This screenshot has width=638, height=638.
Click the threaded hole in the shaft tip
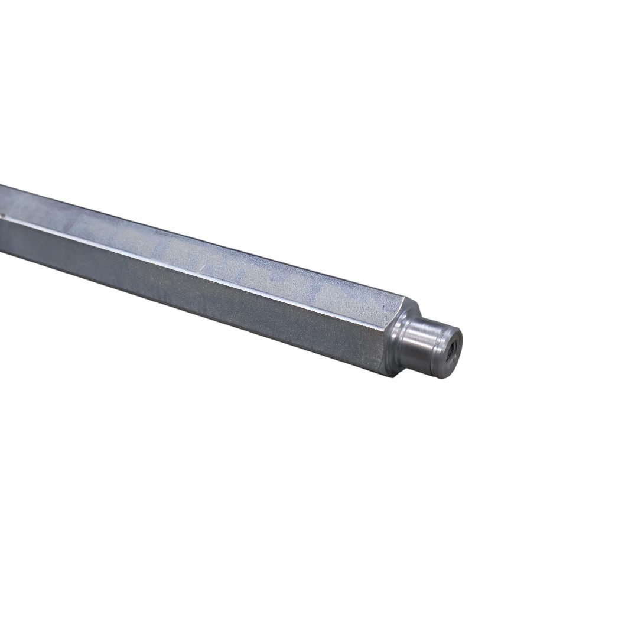click(x=454, y=344)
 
